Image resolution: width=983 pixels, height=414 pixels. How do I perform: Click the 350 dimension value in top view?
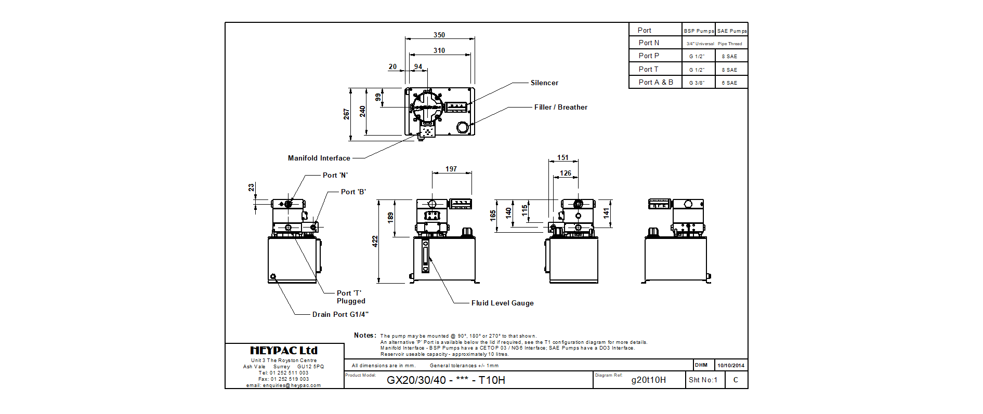(x=439, y=35)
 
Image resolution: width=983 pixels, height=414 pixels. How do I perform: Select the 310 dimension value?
(x=439, y=50)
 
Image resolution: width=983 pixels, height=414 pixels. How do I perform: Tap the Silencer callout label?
(x=544, y=83)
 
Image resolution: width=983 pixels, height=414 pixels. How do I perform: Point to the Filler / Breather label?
(x=560, y=107)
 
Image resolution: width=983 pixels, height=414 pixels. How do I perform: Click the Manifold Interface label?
(x=319, y=158)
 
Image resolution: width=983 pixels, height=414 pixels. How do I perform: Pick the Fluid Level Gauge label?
(x=502, y=303)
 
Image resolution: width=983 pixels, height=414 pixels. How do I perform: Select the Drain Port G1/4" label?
(x=340, y=314)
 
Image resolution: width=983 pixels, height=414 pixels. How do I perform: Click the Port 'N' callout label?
(x=335, y=175)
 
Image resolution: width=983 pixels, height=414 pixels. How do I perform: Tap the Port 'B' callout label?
(x=353, y=192)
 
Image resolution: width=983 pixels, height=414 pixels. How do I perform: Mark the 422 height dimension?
(x=375, y=241)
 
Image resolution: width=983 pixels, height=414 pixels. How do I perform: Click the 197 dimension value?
(x=451, y=169)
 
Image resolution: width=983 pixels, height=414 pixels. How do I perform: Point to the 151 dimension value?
(x=563, y=157)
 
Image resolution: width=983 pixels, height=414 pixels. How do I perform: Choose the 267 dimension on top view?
(x=346, y=114)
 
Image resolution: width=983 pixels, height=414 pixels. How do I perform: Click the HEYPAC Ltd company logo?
(x=284, y=351)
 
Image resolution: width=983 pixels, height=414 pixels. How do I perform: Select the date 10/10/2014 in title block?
(x=731, y=365)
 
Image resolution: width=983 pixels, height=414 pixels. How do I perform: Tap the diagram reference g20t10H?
(x=648, y=380)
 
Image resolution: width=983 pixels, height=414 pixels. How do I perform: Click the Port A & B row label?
(x=656, y=82)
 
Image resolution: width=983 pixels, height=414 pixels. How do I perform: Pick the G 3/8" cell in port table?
(x=697, y=83)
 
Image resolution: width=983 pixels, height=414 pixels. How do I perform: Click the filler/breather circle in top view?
(x=462, y=127)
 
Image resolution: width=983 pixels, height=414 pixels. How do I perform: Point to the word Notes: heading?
(x=365, y=335)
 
